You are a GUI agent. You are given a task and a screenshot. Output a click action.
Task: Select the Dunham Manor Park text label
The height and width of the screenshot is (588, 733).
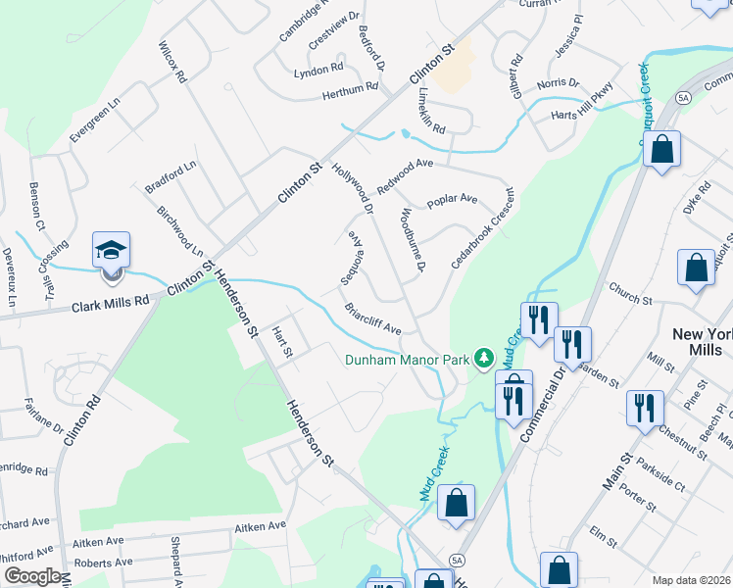407,360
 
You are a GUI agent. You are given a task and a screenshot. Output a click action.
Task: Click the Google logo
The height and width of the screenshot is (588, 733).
32,576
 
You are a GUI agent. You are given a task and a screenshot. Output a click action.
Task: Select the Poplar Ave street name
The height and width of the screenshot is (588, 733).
452,200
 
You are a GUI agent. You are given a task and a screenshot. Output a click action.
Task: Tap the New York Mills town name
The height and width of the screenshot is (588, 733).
702,344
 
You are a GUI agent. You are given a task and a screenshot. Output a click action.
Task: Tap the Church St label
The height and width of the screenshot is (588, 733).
630,294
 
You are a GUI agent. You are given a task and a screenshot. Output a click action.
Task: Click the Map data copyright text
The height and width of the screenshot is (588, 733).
691,580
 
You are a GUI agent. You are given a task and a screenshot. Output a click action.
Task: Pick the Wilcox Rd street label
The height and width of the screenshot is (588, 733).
171,61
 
